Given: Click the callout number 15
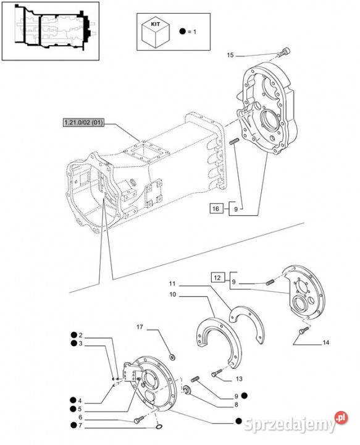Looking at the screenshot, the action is point(230,55).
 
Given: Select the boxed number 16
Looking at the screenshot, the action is point(216,209).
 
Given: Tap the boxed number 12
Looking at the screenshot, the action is point(217,278).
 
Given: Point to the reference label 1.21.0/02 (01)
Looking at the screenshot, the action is point(83,123).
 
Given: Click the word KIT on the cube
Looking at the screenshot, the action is point(156,24).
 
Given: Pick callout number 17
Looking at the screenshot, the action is point(140,327).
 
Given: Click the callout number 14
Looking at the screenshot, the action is point(326,342).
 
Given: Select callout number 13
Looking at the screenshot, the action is point(239,379).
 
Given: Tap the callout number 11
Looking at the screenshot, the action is point(172,284).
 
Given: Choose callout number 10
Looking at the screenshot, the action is point(173,295).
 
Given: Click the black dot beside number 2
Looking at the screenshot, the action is point(73,335).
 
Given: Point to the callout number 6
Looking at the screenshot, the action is point(80,417).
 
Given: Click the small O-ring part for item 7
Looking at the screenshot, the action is point(159,427).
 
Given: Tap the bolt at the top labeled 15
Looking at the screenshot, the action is point(285,52).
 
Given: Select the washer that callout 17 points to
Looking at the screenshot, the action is point(172,357).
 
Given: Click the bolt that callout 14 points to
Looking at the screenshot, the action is point(304,330).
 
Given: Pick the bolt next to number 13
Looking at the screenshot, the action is point(217,373).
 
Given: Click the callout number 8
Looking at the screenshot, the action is point(236,405).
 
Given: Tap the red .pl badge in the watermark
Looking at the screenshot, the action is point(341,418).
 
